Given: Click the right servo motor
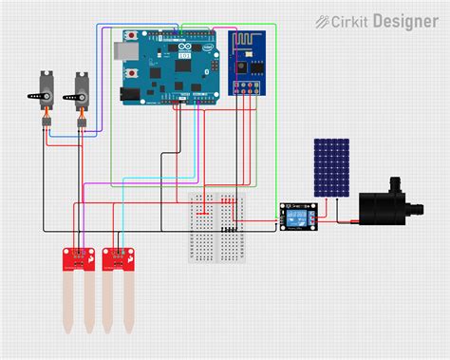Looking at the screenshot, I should click(x=78, y=92).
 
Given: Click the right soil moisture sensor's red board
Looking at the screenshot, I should click(x=117, y=256).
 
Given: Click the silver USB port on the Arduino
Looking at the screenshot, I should click(x=122, y=47).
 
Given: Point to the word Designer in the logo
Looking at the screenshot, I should click(x=405, y=20).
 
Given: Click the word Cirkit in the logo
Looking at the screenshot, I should click(x=348, y=20).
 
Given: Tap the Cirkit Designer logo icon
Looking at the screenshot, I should click(x=323, y=20).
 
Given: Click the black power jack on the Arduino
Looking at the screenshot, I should click(x=128, y=94).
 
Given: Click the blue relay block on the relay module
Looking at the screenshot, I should click(x=302, y=218).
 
